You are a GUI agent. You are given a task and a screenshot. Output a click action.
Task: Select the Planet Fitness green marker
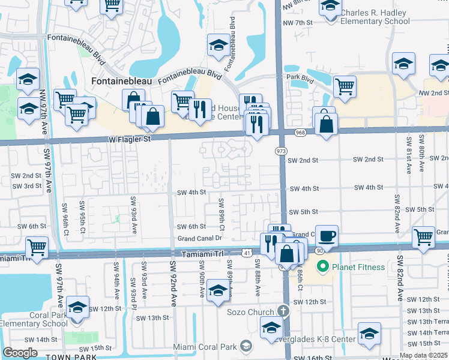pyautogui.click(x=322, y=266)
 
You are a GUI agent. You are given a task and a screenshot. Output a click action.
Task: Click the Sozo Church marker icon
pyautogui.click(x=283, y=311)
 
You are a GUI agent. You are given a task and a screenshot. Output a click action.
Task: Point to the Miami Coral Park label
pyautogui.click(x=205, y=346)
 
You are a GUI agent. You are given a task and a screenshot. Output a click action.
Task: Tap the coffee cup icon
pyautogui.click(x=327, y=236)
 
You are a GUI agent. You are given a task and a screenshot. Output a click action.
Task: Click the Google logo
pyautogui.click(x=20, y=353)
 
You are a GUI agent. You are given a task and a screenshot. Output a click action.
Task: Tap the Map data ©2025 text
pyautogui.click(x=423, y=355)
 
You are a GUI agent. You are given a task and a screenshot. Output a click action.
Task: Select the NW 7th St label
pyautogui.click(x=300, y=23)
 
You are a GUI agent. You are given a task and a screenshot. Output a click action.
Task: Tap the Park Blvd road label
pyautogui.click(x=301, y=78)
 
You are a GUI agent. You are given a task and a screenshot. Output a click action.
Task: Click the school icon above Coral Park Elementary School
pyautogui.click(x=77, y=308)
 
